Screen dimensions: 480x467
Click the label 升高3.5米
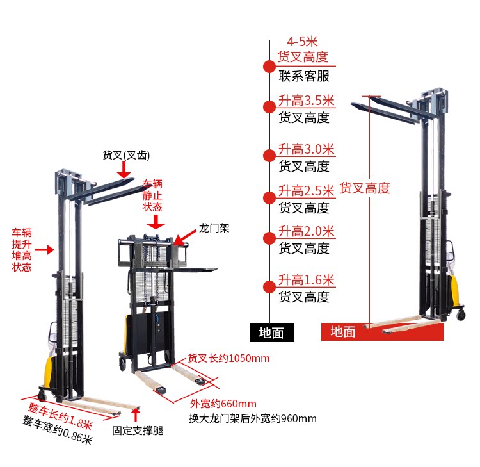click(306, 101)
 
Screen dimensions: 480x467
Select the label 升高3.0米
click(306, 150)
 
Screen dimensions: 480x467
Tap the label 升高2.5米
click(306, 191)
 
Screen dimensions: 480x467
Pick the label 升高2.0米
click(306, 231)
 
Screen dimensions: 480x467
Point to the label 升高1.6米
click(306, 280)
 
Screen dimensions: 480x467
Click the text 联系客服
click(304, 76)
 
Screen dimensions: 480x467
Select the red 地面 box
click(342, 332)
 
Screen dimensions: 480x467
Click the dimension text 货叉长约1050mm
click(228, 357)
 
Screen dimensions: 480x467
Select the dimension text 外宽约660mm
click(223, 404)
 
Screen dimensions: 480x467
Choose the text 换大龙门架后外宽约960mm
click(252, 419)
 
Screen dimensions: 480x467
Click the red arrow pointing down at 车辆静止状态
click(155, 222)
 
